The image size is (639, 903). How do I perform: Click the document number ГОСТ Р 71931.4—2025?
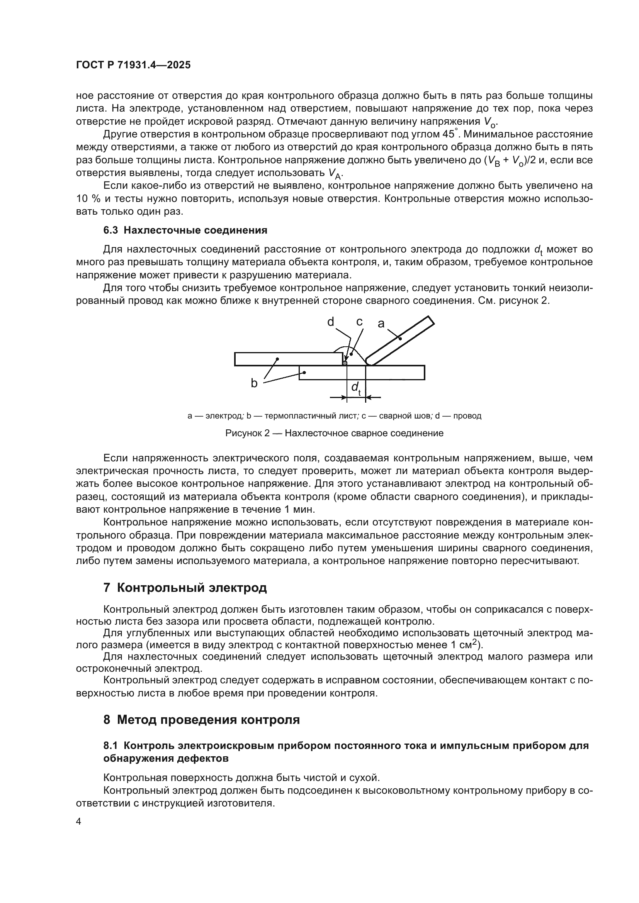click(x=133, y=65)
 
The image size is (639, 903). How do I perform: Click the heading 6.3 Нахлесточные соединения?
click(x=185, y=230)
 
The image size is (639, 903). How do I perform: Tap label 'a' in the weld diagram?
click(x=381, y=324)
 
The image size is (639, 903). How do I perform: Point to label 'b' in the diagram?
click(x=254, y=383)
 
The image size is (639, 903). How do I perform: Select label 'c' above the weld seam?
click(x=359, y=322)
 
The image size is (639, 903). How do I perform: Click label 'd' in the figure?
click(x=331, y=322)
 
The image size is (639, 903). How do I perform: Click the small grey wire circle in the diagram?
click(x=345, y=363)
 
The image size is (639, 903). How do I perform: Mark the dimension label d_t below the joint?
click(x=356, y=388)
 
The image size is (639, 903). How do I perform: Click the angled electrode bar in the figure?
click(x=401, y=339)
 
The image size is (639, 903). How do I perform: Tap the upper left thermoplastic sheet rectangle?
click(x=289, y=359)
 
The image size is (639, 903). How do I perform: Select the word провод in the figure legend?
click(x=467, y=416)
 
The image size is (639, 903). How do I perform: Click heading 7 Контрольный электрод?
click(x=185, y=588)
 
